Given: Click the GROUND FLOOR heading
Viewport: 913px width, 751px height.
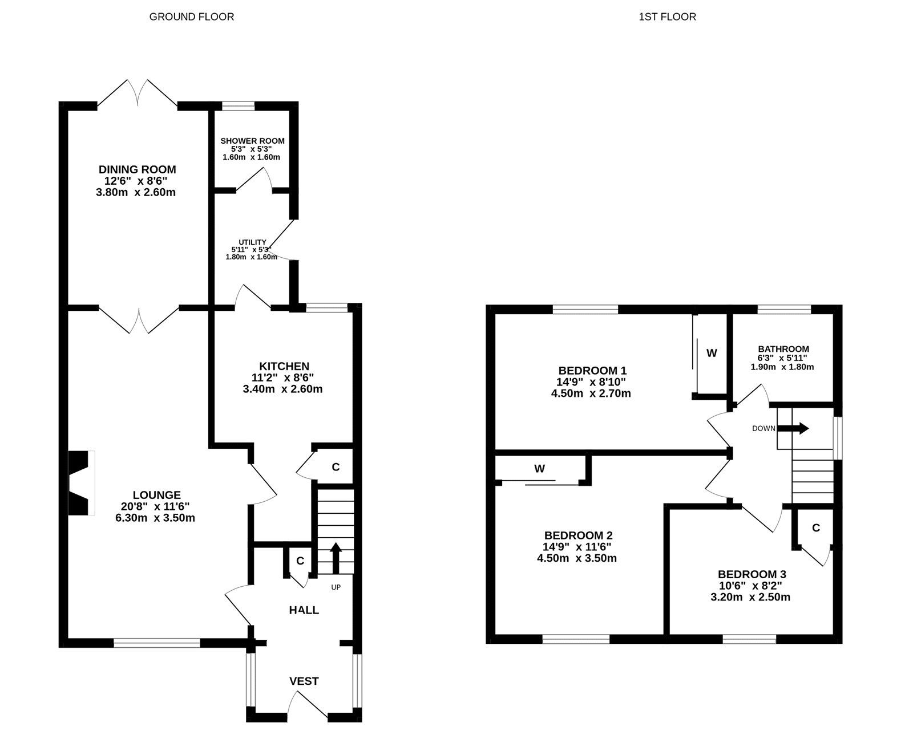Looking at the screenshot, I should pyautogui.click(x=191, y=17).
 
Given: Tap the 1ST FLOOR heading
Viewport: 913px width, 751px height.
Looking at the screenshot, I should pyautogui.click(x=667, y=17).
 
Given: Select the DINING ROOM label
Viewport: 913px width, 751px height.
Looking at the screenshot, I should pyautogui.click(x=137, y=169).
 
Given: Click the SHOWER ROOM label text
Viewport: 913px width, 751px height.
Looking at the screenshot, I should pyautogui.click(x=252, y=141).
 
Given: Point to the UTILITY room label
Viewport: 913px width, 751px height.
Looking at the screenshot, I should pyautogui.click(x=252, y=242).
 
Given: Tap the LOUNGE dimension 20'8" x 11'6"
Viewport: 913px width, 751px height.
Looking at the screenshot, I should pyautogui.click(x=155, y=506).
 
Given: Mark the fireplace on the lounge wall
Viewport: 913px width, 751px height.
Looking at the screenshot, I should pyautogui.click(x=80, y=483).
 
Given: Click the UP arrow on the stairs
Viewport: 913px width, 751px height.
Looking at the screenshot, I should pyautogui.click(x=336, y=557).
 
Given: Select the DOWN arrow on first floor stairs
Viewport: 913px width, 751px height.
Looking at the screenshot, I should pyautogui.click(x=793, y=428).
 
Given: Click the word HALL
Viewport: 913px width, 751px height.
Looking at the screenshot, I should pyautogui.click(x=304, y=610).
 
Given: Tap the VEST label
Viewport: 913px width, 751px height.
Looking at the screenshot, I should pyautogui.click(x=304, y=681).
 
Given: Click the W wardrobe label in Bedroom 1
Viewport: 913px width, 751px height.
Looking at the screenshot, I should pyautogui.click(x=712, y=353).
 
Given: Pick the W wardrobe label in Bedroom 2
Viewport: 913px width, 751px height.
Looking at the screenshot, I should pyautogui.click(x=539, y=469).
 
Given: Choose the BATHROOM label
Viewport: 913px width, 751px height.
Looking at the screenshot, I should pyautogui.click(x=783, y=349).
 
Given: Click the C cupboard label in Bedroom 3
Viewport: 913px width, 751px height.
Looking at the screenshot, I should pyautogui.click(x=815, y=528).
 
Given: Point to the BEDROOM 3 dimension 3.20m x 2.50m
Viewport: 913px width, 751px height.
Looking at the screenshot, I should pyautogui.click(x=750, y=597).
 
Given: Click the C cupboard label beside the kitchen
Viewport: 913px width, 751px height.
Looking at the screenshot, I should pyautogui.click(x=336, y=467).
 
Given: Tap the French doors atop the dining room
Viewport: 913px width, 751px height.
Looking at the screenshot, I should pyautogui.click(x=137, y=93).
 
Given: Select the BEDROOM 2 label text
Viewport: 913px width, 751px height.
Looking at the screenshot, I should pyautogui.click(x=578, y=535).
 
